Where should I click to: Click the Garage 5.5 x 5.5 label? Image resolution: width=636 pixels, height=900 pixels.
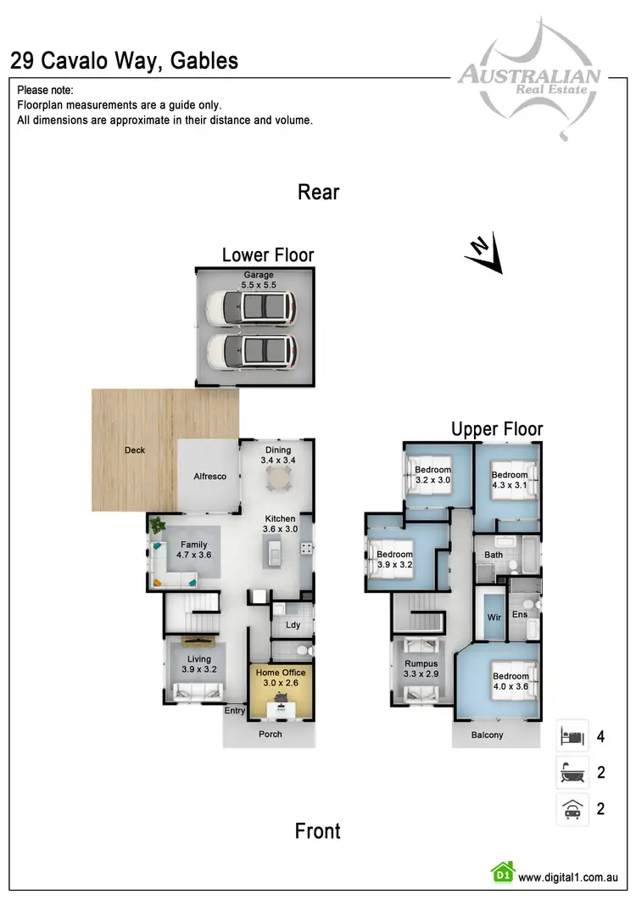click(x=259, y=281)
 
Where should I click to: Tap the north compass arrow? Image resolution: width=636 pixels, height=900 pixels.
click(x=484, y=254)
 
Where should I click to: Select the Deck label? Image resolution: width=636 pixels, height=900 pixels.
click(x=134, y=450)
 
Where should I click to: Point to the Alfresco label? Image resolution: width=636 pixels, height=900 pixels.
click(x=209, y=477)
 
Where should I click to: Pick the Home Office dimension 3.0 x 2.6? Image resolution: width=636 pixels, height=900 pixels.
click(x=281, y=683)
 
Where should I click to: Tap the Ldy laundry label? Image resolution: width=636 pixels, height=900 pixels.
click(x=293, y=625)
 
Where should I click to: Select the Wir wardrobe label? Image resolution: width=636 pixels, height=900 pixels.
click(x=494, y=618)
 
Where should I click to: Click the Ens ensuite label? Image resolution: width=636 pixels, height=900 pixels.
click(x=519, y=614)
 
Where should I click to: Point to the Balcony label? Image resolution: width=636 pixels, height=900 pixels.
click(x=487, y=735)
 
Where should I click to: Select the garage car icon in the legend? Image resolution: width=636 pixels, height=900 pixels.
click(x=572, y=808)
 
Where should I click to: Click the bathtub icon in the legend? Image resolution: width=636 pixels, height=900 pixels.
click(x=572, y=773)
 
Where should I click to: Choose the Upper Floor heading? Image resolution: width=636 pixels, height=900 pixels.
click(x=497, y=429)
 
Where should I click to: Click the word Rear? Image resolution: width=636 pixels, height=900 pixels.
click(x=318, y=193)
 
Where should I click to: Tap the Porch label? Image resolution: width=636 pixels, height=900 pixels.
click(x=271, y=734)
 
